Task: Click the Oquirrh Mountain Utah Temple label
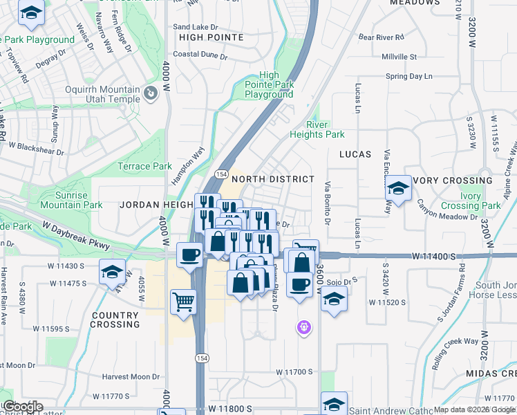102,95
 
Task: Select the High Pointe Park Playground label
269,85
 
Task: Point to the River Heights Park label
326,129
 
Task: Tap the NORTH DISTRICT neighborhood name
273,179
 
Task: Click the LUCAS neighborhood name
355,154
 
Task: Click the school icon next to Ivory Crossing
398,187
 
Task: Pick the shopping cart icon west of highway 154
183,302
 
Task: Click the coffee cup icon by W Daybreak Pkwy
190,255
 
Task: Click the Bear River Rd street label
381,36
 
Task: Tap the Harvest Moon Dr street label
131,377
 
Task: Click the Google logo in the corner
22,407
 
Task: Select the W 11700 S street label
295,372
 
